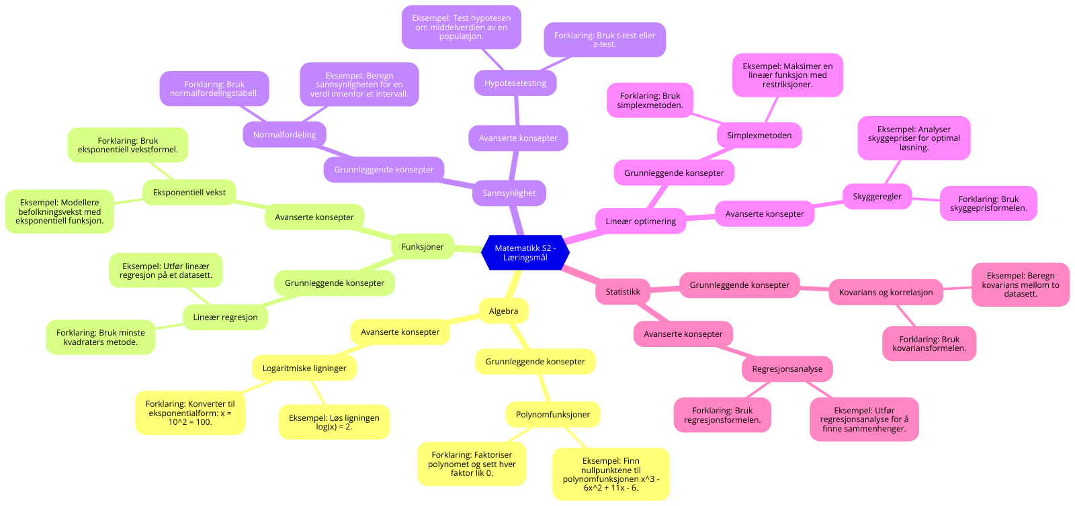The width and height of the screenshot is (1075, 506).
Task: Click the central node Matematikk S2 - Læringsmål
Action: click(x=525, y=253)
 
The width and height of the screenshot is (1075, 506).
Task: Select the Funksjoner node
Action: click(x=423, y=247)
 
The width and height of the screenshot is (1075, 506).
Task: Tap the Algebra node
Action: click(x=503, y=311)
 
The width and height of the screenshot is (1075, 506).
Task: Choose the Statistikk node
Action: click(x=623, y=292)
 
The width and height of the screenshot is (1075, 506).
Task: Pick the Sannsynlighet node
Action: click(x=509, y=193)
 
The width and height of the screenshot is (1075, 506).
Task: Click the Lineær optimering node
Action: click(x=640, y=221)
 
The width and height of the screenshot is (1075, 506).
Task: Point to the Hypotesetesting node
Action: click(x=515, y=83)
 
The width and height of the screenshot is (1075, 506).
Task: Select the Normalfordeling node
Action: click(x=284, y=135)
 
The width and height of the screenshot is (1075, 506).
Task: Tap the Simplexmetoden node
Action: click(x=759, y=136)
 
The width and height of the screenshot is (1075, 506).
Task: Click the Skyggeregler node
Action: click(x=877, y=197)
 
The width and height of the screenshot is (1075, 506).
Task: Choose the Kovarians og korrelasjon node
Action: click(x=886, y=293)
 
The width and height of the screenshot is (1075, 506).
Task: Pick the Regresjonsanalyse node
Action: click(x=787, y=369)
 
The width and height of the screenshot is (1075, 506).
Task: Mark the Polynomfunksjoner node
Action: click(x=553, y=415)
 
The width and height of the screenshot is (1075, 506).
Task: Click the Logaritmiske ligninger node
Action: click(x=304, y=368)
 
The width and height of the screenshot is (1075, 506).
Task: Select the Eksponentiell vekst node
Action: click(x=189, y=193)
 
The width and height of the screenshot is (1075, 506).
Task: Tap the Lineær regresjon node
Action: click(x=225, y=317)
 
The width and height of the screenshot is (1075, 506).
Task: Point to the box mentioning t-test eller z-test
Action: click(x=605, y=40)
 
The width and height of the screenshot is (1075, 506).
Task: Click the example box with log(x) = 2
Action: click(x=334, y=422)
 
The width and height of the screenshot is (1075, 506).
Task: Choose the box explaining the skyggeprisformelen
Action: click(x=988, y=203)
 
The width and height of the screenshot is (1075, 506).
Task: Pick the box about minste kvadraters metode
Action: click(x=101, y=338)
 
